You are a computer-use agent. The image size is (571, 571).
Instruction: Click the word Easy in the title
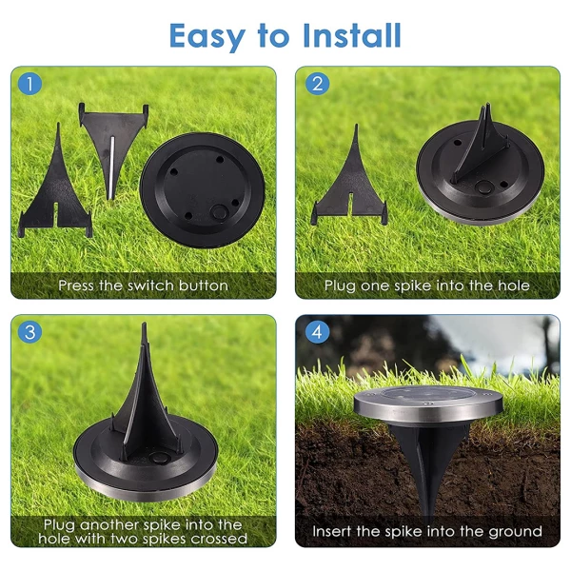pos(208,36)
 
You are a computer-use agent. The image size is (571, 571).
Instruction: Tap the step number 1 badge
pos(30,84)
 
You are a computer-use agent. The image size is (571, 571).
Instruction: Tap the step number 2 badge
pos(316,84)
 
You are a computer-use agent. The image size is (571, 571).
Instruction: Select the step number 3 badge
pos(30,332)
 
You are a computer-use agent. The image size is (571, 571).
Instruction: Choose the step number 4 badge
pos(316,332)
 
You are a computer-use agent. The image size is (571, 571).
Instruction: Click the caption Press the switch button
pos(143,285)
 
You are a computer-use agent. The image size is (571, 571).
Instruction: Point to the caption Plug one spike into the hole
pos(427,285)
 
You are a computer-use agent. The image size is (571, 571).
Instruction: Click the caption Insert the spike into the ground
pos(427,531)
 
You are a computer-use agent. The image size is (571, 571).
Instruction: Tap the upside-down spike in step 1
pos(112,143)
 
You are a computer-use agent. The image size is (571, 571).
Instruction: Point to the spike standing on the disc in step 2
pos(485,152)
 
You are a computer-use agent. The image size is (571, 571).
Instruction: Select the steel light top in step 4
pos(428,403)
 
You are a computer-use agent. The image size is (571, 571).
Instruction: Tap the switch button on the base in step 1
pos(219,210)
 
